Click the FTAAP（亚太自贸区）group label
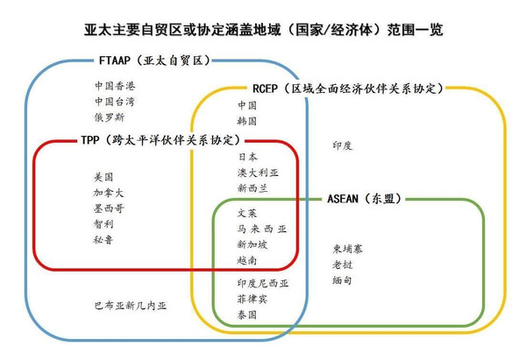click(154, 60)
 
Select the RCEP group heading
click(348, 88)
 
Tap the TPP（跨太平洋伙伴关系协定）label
click(160, 140)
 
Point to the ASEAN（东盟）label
click(365, 199)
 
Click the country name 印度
click(343, 145)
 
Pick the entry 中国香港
click(115, 86)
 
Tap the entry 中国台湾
click(115, 102)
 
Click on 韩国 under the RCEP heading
click(247, 121)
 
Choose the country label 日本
click(247, 157)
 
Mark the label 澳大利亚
click(258, 173)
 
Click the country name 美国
click(103, 177)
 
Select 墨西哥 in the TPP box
click(109, 208)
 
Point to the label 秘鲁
click(103, 240)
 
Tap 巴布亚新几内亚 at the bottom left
click(131, 306)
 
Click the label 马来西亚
click(262, 229)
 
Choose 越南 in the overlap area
click(247, 260)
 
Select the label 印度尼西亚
click(263, 283)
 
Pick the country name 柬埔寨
click(347, 249)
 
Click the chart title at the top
click(264, 30)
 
